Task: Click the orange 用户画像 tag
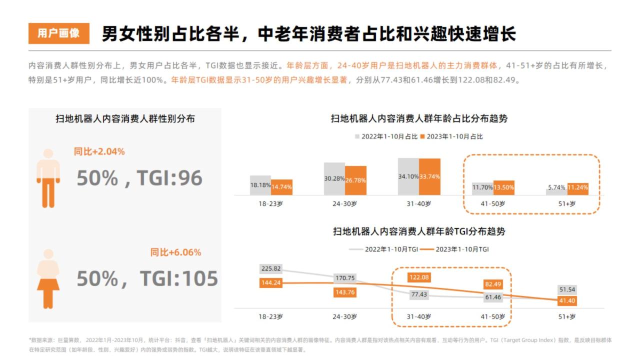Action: coord(58,33)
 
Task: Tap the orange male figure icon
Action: coord(48,177)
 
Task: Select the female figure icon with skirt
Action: coord(48,278)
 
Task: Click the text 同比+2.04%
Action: coord(99,151)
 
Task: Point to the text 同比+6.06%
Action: coord(175,252)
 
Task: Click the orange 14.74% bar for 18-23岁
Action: coord(281,187)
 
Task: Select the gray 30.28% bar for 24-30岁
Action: coord(334,178)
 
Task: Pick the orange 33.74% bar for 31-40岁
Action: coord(429,176)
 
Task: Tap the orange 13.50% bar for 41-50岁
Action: coord(503,187)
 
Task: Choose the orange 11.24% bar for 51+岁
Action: coord(577,188)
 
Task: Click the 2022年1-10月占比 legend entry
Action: coord(386,136)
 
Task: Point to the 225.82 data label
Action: coord(271,268)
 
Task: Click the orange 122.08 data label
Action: coord(418,277)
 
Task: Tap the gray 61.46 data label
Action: coord(493,297)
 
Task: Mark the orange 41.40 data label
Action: coord(567,300)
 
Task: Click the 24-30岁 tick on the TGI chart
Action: coord(345,316)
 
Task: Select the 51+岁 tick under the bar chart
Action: coord(566,203)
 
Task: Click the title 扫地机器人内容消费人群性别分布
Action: coord(125,119)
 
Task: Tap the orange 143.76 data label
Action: coord(345,292)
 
